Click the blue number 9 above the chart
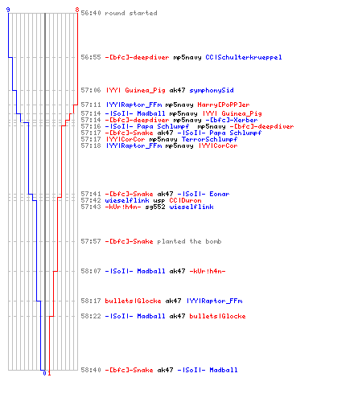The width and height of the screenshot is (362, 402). tap(8, 10)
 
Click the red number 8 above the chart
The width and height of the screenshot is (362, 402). tap(77, 10)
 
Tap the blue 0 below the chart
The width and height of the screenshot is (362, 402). tap(44, 373)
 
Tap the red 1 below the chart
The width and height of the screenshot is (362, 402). tap(49, 373)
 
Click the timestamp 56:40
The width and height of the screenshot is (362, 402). tap(91, 13)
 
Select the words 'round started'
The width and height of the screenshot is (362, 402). tap(131, 13)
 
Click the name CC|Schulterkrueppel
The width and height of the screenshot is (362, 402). tap(244, 57)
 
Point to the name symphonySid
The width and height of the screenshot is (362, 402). tap(212, 90)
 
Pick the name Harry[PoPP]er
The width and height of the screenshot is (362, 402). tap(224, 105)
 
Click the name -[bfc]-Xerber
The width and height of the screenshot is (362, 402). tap(232, 120)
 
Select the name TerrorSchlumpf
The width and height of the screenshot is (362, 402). tap(209, 139)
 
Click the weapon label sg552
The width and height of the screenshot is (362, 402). tap(155, 207)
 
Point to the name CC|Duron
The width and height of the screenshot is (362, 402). tap(185, 200)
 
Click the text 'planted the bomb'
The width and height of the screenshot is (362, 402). tap(189, 241)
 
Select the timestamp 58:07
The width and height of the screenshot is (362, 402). tap(91, 271)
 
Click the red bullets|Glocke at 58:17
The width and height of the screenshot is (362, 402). tap(133, 301)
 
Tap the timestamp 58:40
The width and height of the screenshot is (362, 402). tap(91, 370)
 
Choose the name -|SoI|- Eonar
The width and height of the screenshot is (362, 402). tap(204, 194)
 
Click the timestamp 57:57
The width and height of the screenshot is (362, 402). tap(91, 241)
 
